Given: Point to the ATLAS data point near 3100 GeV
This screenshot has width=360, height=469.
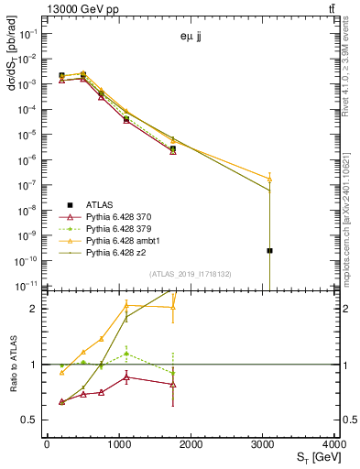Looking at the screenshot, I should pyautogui.click(x=270, y=250).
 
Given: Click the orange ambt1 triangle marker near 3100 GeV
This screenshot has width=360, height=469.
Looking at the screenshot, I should pyautogui.click(x=270, y=179).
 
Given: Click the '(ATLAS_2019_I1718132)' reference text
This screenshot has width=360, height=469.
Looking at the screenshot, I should pyautogui.click(x=190, y=273).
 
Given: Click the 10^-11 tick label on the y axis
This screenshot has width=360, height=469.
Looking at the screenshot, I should pyautogui.click(x=27, y=286).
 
